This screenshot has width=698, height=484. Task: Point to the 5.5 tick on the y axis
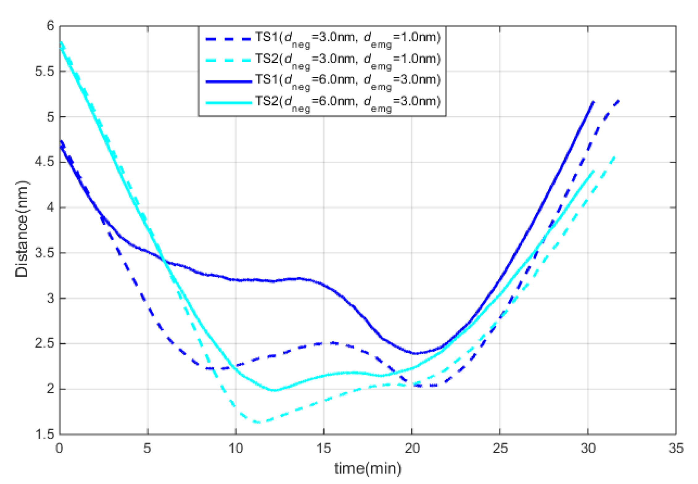pos(44,71)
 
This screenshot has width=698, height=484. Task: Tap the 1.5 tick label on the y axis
pos(44,435)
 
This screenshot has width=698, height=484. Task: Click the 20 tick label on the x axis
pos(412,448)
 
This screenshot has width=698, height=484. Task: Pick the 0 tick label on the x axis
pos(59,448)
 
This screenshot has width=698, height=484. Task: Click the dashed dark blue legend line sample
pos(229,39)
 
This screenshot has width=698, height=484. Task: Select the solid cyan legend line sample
pos(229,103)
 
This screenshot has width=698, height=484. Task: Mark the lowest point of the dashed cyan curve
pos(259,422)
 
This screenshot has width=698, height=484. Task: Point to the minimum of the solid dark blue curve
pos(415,353)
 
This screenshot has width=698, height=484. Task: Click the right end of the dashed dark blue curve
pos(619,100)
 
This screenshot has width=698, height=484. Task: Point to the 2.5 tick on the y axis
pos(44,344)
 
